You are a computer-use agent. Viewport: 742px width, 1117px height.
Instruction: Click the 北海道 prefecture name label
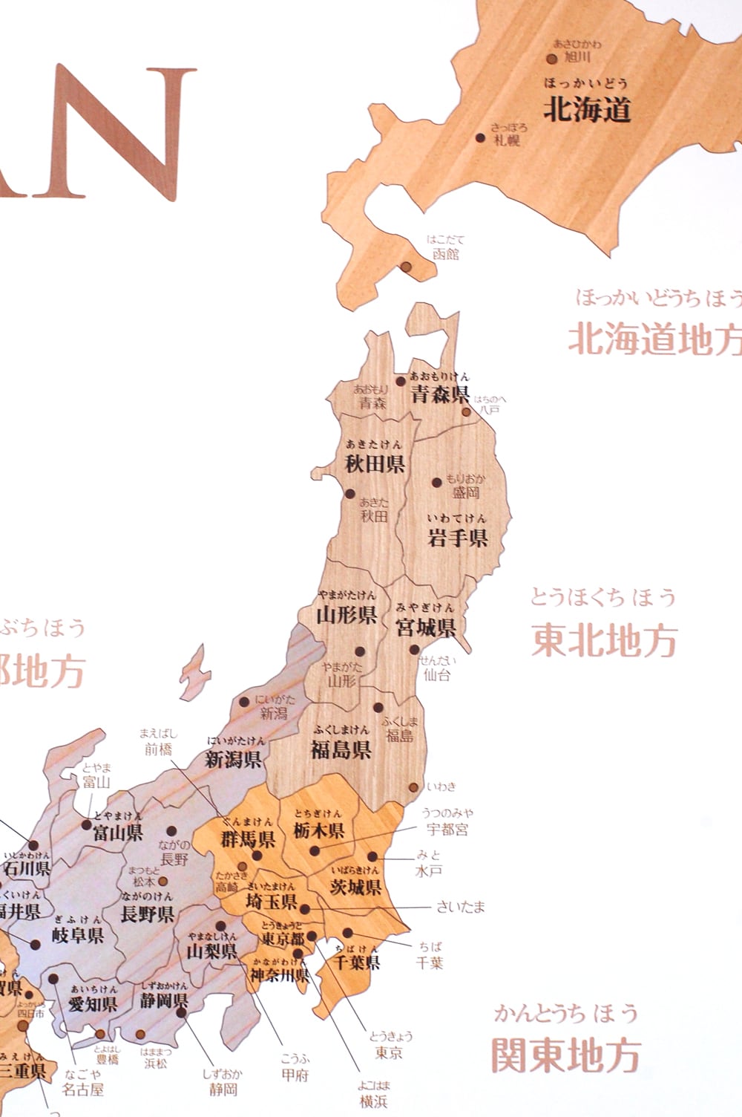(587, 110)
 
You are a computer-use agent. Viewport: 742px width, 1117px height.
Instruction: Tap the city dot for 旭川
(552, 59)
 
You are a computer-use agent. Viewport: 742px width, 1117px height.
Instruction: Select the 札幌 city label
(507, 139)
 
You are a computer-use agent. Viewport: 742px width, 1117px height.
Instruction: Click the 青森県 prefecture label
(441, 394)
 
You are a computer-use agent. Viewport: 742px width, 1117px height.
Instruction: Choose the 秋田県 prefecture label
(375, 464)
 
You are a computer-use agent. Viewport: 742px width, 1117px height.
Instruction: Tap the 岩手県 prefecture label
(457, 538)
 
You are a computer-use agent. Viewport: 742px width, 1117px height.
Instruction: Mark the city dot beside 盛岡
(438, 482)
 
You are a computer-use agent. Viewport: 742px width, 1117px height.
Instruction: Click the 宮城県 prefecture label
(425, 628)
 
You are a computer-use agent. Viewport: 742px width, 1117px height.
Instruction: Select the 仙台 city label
(437, 675)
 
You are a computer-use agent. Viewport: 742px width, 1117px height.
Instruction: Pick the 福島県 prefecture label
(341, 749)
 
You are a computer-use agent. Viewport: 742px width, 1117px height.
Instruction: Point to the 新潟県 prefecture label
(233, 759)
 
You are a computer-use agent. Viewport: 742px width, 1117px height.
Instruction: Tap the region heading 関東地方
(566, 1055)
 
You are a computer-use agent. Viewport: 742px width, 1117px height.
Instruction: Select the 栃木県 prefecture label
(318, 831)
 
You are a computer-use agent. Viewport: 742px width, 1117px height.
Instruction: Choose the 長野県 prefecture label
(147, 914)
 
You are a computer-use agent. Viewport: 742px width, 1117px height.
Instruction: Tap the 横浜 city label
(373, 1102)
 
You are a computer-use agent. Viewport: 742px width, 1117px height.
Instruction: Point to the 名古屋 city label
(82, 1090)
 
